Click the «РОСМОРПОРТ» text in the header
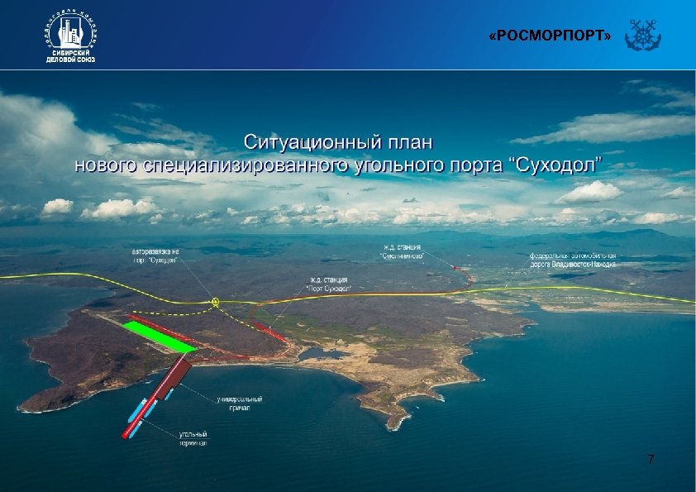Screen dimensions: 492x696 (x=550, y=37)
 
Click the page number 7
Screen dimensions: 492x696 (x=651, y=459)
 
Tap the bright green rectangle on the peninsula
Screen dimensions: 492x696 (x=160, y=337)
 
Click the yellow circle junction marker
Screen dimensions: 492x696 (x=216, y=303)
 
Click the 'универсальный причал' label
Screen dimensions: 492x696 (x=234, y=404)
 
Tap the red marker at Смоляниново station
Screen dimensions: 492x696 (x=460, y=269)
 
